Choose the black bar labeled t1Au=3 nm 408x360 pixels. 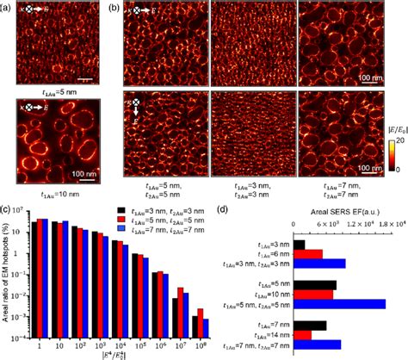point(300,245)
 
